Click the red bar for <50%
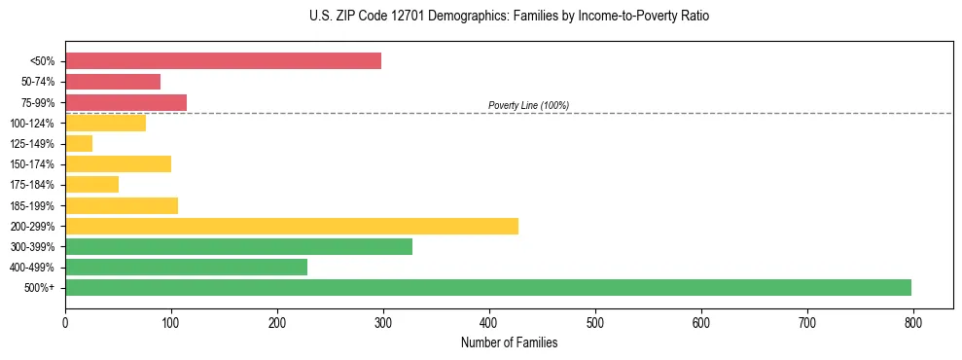[x=223, y=61]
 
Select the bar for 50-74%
[x=113, y=82]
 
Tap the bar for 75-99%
[x=125, y=102]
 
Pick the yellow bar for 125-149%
[x=79, y=144]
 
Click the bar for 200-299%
[x=292, y=226]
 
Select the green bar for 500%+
[x=488, y=287]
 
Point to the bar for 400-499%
[x=186, y=267]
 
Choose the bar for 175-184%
[x=91, y=185]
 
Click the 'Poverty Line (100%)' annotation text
[x=528, y=105]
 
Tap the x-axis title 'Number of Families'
[x=509, y=342]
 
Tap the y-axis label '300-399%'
[x=32, y=247]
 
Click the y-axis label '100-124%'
[x=32, y=124]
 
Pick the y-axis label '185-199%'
[x=32, y=206]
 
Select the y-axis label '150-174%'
[x=32, y=164]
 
